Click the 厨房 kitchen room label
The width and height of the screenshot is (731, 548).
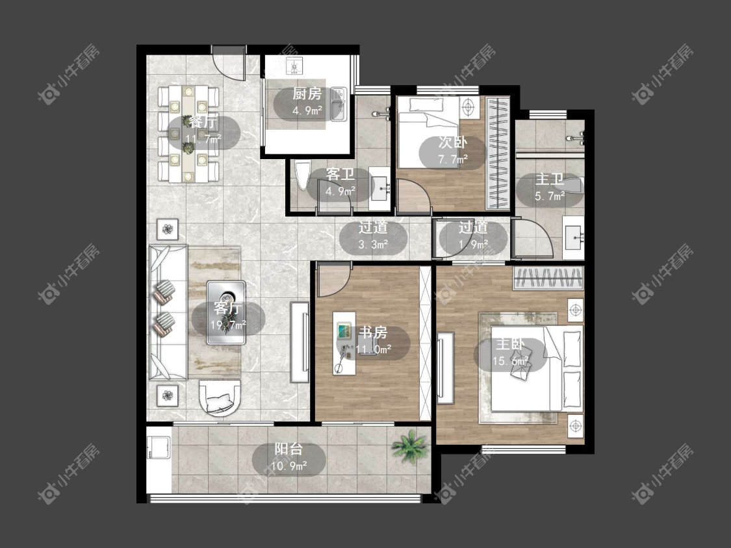point(307,93)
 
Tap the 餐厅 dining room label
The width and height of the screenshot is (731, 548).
point(203,122)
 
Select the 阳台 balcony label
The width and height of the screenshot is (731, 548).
point(289,449)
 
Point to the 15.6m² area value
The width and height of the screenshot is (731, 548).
point(511,361)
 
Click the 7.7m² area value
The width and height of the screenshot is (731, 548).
point(453,159)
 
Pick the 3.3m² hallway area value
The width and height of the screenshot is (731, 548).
point(374,244)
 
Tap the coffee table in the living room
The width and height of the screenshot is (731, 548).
point(226,312)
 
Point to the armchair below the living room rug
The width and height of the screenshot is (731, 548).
point(220,399)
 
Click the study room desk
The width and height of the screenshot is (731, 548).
point(344,343)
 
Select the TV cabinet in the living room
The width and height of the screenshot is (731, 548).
point(300,342)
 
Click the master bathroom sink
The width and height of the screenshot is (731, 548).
point(573,238)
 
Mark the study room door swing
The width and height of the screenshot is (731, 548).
point(333,279)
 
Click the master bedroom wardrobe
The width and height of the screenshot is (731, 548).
point(548,278)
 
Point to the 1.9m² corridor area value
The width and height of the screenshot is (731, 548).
point(473,244)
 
